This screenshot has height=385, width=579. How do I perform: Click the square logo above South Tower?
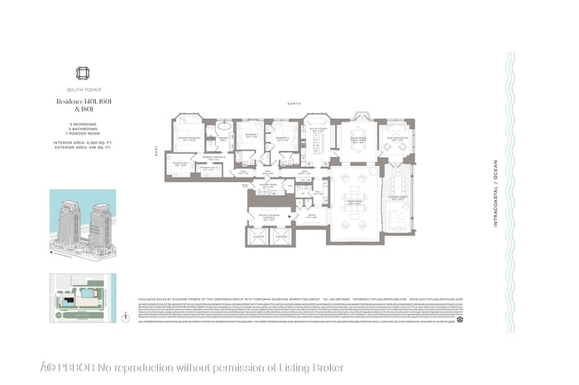[x=82, y=73]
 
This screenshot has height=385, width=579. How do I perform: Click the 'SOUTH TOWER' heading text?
[x=82, y=90]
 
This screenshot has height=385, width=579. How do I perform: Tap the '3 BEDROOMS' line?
[x=82, y=124]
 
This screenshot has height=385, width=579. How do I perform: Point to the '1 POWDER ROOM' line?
[x=82, y=134]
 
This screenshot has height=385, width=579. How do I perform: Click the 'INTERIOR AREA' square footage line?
[x=82, y=143]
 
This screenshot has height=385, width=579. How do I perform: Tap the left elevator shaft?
[x=256, y=236]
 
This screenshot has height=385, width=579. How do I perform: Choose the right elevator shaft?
[x=280, y=236]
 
